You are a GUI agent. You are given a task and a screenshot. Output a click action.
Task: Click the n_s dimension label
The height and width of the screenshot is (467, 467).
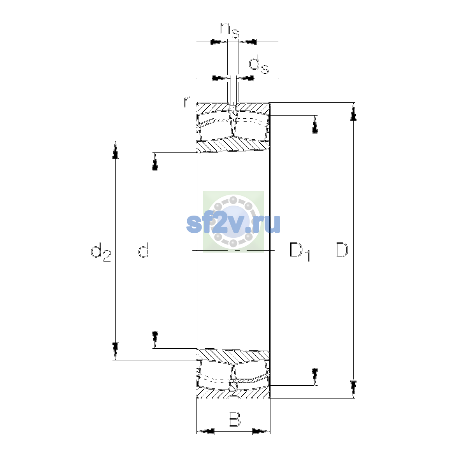pos(229,30)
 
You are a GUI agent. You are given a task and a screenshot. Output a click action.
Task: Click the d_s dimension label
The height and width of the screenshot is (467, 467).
pos(258,64)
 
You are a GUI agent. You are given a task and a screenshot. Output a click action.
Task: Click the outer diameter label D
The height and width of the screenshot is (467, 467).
pos(341,250)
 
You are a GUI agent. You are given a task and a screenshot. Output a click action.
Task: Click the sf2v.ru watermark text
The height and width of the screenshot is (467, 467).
pos(233,224)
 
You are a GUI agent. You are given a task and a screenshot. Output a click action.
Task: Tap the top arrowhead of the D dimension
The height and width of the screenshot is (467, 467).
pos(353,111)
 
